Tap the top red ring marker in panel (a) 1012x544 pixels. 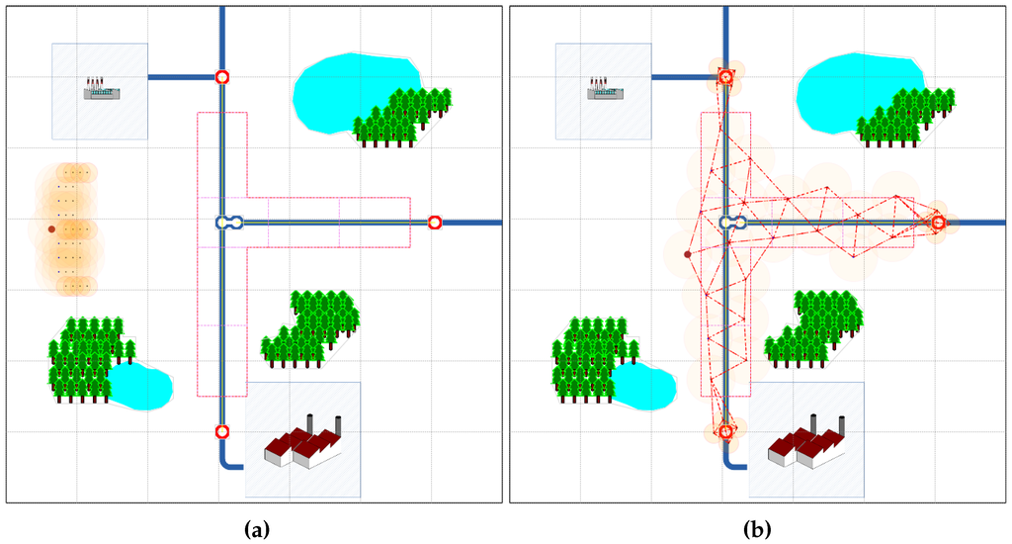[x=222, y=76]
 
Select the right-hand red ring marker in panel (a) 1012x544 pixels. [x=435, y=223]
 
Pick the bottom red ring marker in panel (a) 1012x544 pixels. [x=222, y=431]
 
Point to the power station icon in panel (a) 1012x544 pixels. [x=102, y=89]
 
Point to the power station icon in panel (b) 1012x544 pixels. [x=606, y=89]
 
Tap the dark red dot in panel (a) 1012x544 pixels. [x=51, y=228]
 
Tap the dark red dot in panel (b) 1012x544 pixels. [x=688, y=254]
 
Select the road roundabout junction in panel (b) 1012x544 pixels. [x=733, y=223]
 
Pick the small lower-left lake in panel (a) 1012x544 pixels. [x=143, y=386]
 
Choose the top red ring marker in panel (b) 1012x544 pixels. [x=725, y=76]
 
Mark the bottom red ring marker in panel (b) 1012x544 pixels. [x=725, y=431]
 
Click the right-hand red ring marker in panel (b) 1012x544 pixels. [x=939, y=223]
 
